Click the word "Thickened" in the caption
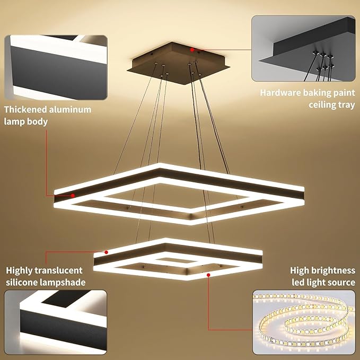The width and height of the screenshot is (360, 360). pos(25,110)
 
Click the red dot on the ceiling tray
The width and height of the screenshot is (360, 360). pos(192,50)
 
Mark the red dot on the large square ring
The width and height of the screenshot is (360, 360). pos(73,196)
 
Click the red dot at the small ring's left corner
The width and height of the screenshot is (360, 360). pos(106,252)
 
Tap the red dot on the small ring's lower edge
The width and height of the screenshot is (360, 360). pos(208,275)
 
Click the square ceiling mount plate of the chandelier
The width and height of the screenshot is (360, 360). pos(178,64)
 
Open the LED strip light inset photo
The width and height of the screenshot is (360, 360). pos(304,322)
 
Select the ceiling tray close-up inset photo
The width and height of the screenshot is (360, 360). pos(303,48)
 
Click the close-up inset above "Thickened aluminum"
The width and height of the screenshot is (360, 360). pos(56,67)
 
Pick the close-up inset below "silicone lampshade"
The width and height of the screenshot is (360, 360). pos(56,322)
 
